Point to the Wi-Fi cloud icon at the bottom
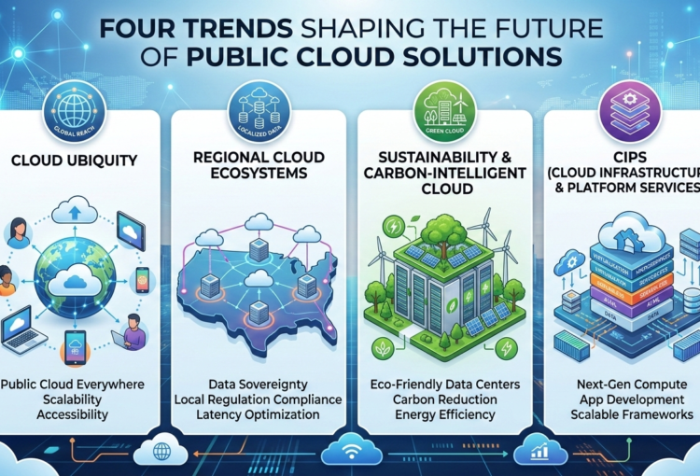(349, 450)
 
